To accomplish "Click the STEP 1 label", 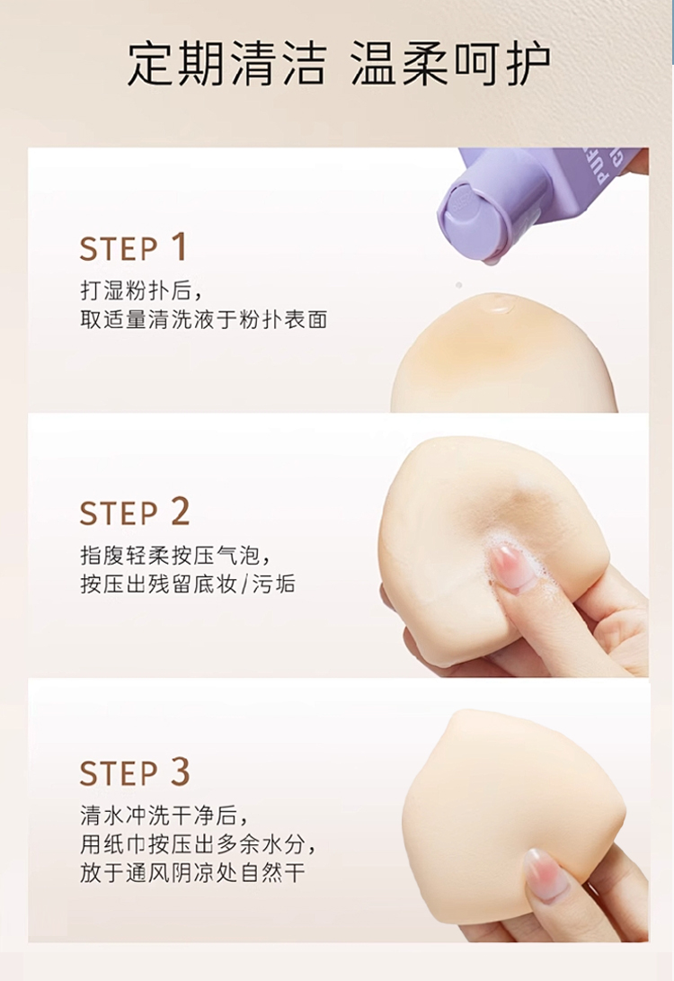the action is click(x=133, y=247).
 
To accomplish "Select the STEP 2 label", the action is click(x=135, y=513).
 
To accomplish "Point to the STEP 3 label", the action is click(x=135, y=771).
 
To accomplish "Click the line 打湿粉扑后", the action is click(x=141, y=290).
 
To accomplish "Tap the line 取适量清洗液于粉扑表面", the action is click(x=204, y=320).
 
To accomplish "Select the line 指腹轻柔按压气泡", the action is click(x=175, y=555).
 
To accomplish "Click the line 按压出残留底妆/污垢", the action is click(x=188, y=584).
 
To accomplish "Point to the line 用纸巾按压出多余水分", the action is click(x=198, y=844).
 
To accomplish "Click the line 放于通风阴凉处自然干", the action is click(x=192, y=873).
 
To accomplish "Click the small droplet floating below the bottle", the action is click(x=459, y=285).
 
